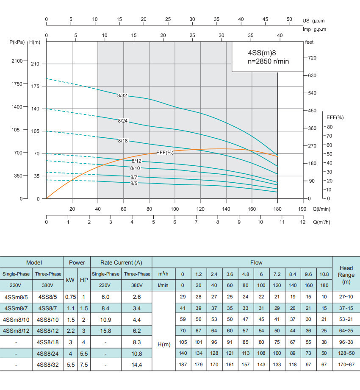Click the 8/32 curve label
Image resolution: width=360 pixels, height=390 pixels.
(x=122, y=95)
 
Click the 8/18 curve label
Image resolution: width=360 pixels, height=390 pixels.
(x=123, y=140)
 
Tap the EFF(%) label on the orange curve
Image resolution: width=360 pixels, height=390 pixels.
(x=165, y=153)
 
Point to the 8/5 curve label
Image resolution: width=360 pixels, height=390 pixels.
(x=134, y=183)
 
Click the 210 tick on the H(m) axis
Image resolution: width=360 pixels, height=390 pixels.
(x=35, y=64)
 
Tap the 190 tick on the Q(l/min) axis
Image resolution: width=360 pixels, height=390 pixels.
(x=302, y=209)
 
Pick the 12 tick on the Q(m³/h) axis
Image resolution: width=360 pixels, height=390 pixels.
(x=302, y=222)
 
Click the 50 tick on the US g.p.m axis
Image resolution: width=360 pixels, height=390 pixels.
(x=289, y=19)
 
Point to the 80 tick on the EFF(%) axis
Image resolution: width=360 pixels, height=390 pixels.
(x=330, y=127)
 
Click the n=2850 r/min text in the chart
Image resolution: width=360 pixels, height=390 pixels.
(x=269, y=62)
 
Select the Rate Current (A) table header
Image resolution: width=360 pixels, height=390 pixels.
(x=121, y=262)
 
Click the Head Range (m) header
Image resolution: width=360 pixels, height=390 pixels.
(x=346, y=275)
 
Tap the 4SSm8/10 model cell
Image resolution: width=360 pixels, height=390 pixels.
(x=16, y=319)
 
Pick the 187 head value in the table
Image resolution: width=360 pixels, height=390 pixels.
(x=183, y=364)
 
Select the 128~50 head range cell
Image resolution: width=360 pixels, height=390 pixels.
(x=346, y=353)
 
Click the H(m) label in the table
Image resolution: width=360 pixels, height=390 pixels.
(x=163, y=344)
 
